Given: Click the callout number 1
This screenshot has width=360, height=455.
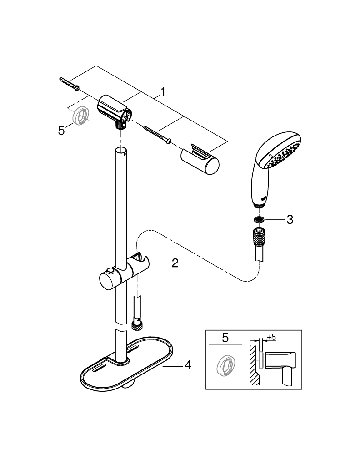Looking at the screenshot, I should click(162, 92).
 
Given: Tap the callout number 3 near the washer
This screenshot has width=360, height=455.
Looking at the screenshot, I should click(289, 220).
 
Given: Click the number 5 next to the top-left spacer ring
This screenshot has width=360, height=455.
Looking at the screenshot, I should click(62, 131).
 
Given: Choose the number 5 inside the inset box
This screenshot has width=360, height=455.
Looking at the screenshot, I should click(225, 338).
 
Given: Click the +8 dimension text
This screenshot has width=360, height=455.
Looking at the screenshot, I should click(271, 337).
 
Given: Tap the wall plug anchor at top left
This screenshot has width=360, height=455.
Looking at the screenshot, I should click(70, 83).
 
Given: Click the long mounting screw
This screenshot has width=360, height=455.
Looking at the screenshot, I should click(155, 135).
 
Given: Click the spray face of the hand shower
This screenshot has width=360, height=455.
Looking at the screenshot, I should click(281, 154).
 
